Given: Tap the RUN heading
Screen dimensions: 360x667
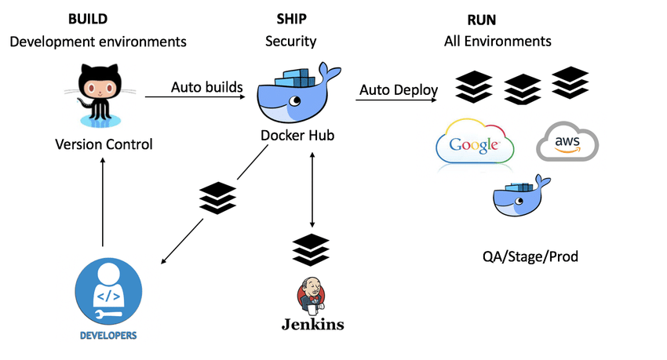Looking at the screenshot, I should tap(483, 18).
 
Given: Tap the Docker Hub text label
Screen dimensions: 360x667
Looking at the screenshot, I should tap(297, 136).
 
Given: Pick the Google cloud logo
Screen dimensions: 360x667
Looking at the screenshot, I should tap(475, 142).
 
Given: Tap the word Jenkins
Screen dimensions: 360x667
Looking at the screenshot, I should tap(312, 325).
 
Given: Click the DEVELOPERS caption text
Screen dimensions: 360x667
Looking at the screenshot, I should tap(108, 335).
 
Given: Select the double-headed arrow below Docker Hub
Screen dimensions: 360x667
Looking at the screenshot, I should tap(312, 187).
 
